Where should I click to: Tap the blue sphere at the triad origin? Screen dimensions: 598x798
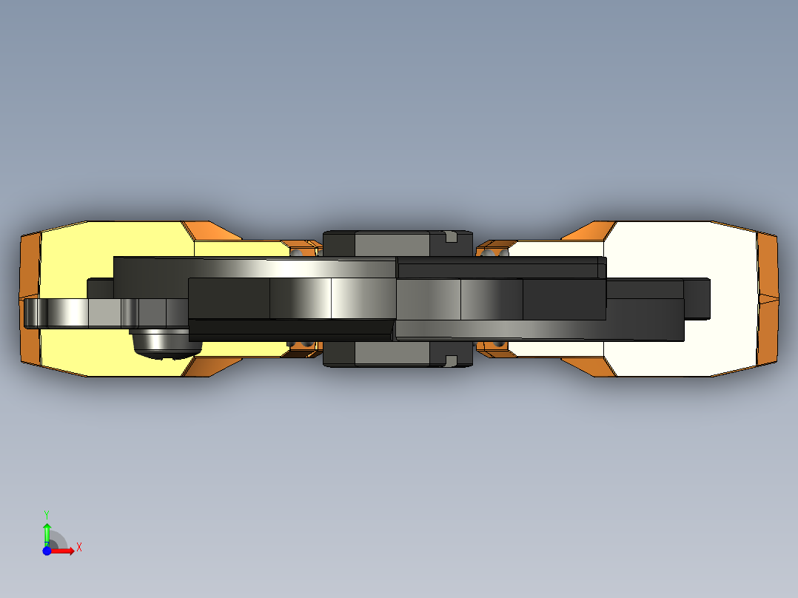pyautogui.click(x=47, y=551)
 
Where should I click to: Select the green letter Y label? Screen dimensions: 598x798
pyautogui.click(x=47, y=514)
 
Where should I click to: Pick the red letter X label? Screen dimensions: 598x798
pyautogui.click(x=79, y=548)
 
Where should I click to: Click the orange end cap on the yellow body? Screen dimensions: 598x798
pyautogui.click(x=29, y=299)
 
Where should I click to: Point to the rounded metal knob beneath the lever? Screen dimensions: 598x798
pyautogui.click(x=164, y=343)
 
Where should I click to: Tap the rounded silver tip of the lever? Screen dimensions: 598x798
pyautogui.click(x=33, y=313)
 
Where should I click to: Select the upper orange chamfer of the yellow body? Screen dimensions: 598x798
pyautogui.click(x=211, y=230)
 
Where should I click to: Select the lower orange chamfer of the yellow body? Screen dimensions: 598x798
pyautogui.click(x=211, y=366)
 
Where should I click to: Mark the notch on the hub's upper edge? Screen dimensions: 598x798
pyautogui.click(x=452, y=237)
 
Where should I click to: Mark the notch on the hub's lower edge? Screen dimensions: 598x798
pyautogui.click(x=452, y=360)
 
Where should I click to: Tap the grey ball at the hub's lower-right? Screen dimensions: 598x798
pyautogui.click(x=499, y=344)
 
